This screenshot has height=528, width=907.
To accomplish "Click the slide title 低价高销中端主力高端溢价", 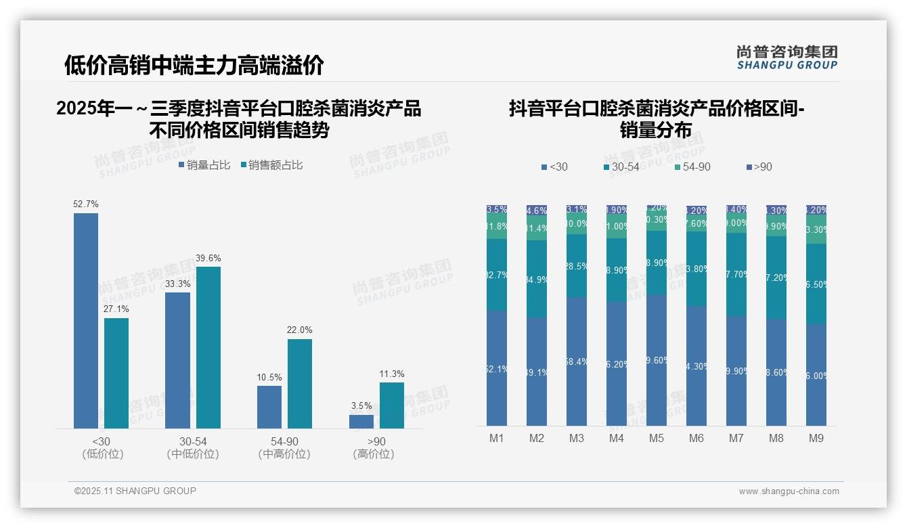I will pos(194,65).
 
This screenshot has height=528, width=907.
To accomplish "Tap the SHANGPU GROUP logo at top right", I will pos(787,58).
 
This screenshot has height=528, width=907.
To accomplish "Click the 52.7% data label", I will pos(86,204).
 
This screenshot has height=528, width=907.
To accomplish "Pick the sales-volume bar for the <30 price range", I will pos(86,321).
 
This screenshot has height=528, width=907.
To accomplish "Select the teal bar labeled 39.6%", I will pos(208,347).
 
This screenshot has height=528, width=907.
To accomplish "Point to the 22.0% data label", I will pos(300,330).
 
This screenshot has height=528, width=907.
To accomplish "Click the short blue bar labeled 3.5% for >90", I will pos(361,421).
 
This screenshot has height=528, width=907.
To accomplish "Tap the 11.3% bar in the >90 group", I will pos(391,405).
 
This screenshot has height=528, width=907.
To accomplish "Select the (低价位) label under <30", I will pos(102,454).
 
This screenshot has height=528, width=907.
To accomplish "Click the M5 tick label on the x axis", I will pos(656,439).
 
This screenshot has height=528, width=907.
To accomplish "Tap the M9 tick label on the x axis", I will pos(816,439).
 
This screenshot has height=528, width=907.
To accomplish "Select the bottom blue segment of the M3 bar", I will pos(576,361).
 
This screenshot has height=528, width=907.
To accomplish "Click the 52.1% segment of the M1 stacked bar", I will pos(496,368).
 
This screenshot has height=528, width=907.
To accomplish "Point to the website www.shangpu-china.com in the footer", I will pos(789,491).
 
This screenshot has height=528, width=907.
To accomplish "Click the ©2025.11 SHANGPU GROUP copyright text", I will pos(135,491).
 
